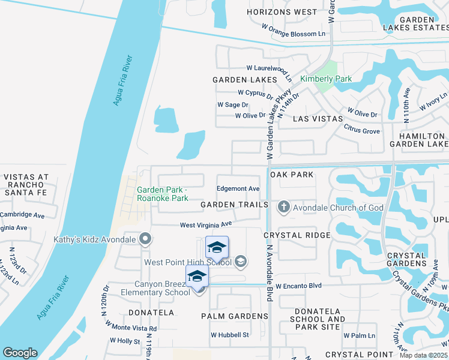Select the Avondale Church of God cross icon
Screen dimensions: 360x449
click(x=284, y=208)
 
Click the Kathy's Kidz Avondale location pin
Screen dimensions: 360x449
click(x=145, y=239)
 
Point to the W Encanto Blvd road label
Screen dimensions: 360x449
click(x=299, y=286)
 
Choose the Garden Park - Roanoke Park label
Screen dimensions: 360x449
click(x=163, y=194)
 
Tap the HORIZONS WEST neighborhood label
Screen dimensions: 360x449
click(x=282, y=12)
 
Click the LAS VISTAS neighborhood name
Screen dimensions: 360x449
click(x=318, y=119)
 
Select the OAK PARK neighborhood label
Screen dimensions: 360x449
click(x=292, y=174)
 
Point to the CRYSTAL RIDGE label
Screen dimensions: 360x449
click(x=297, y=235)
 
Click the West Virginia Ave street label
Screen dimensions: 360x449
click(x=206, y=224)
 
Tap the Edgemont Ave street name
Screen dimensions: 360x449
click(x=238, y=188)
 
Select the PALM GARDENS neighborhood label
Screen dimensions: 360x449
click(x=234, y=316)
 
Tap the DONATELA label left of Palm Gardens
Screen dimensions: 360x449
click(x=151, y=313)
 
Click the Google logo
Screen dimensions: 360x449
click(x=20, y=353)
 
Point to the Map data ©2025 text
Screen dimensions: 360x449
click(x=424, y=355)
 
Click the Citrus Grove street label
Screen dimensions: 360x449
click(x=362, y=129)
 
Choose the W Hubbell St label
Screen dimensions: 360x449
click(x=230, y=335)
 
